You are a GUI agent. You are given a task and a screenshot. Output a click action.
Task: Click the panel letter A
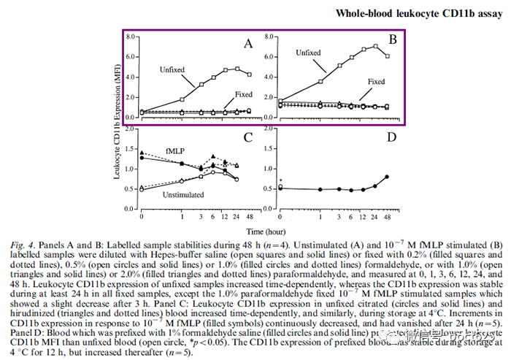coord(248,45)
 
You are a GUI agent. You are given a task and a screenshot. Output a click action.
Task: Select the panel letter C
coord(248,137)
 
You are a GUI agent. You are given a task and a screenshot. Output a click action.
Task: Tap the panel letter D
coord(391,137)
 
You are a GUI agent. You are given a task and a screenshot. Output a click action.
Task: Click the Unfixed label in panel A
coord(172,69)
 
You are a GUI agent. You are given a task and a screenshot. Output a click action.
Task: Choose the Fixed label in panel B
coord(376,81)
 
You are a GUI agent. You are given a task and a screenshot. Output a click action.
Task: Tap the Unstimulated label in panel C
coord(183,195)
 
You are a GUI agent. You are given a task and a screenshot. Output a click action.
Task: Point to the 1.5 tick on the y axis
coord(129,149)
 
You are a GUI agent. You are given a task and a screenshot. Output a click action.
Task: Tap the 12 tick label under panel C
coord(224,218)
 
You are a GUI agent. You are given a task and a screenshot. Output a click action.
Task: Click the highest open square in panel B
coord(375,46)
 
